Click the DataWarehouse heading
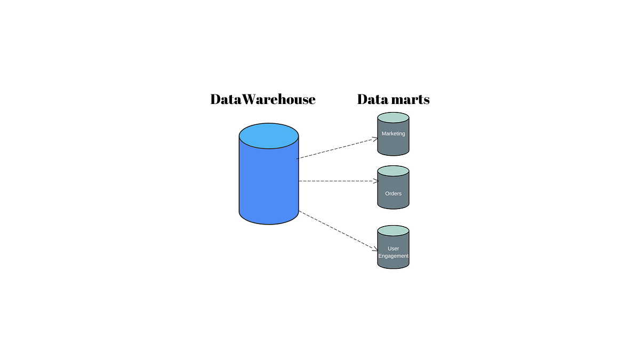click(262, 99)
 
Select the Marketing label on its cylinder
click(393, 134)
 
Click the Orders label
click(393, 194)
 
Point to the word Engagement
click(393, 256)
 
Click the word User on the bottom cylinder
click(393, 249)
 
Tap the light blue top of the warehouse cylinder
click(268, 135)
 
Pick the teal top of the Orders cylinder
click(393, 172)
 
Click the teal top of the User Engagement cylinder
click(393, 231)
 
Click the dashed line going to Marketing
click(336, 148)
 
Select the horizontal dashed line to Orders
click(336, 181)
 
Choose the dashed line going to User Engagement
click(336, 229)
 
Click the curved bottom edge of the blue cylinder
click(268, 222)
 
